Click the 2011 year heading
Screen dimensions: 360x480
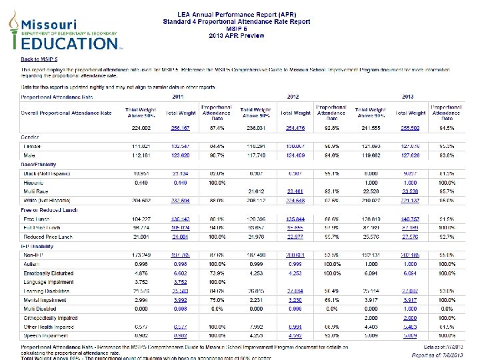pyautogui.click(x=178, y=97)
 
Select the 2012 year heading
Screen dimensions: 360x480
pyautogui.click(x=292, y=97)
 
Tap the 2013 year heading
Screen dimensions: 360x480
pyautogui.click(x=407, y=97)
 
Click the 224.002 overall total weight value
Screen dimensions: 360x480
pyautogui.click(x=140, y=127)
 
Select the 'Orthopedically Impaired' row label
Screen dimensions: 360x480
pyautogui.click(x=52, y=318)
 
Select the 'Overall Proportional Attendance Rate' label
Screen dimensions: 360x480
pyautogui.click(x=66, y=113)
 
